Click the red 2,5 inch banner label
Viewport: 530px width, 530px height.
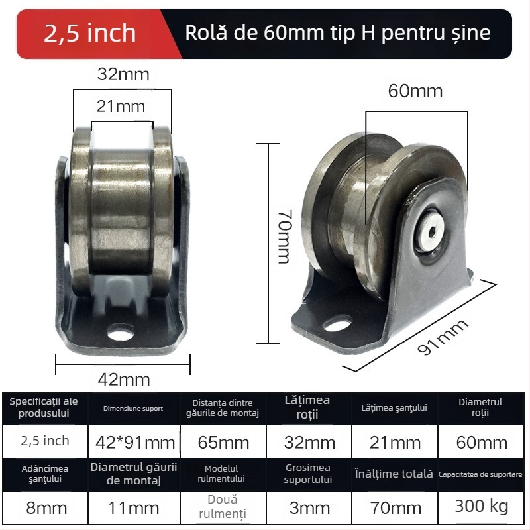[89, 33]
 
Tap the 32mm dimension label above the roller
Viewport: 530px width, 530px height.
[123, 74]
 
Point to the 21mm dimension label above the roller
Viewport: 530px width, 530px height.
[121, 105]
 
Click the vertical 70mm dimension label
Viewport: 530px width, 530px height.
[284, 237]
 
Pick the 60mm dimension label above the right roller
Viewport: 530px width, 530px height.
[415, 91]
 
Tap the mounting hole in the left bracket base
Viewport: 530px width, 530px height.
[123, 329]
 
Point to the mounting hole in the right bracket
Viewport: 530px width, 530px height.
[338, 325]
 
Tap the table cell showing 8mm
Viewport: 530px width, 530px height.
[44, 508]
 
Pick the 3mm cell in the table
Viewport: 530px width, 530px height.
[309, 508]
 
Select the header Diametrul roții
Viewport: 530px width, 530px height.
[481, 407]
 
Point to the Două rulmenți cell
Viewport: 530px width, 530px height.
[222, 506]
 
